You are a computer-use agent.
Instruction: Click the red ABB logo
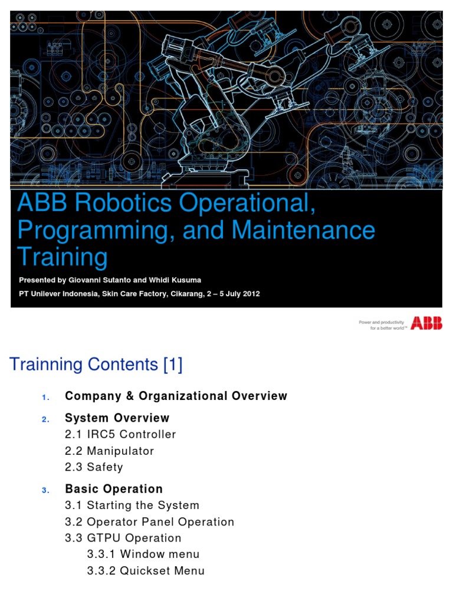click(x=426, y=323)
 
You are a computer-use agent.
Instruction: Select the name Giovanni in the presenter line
click(x=87, y=280)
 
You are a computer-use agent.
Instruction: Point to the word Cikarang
click(x=185, y=293)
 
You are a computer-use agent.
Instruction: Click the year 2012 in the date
click(x=250, y=293)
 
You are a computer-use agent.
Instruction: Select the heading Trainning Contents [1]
click(x=96, y=365)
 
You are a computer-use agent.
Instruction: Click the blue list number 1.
click(x=45, y=397)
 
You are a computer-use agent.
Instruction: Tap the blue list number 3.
click(x=45, y=490)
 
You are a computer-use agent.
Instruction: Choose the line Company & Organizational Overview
click(x=176, y=396)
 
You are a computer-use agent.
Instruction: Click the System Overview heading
click(x=117, y=418)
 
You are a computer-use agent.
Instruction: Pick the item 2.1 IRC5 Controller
click(x=120, y=435)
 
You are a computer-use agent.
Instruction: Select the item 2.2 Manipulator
click(x=109, y=451)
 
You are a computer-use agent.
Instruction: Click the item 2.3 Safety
click(x=94, y=467)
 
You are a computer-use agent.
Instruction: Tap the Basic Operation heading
click(x=113, y=489)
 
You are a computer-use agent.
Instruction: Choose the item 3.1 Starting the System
click(x=132, y=505)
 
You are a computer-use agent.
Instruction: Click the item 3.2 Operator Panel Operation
click(x=149, y=522)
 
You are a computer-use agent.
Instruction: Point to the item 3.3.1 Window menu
click(x=143, y=554)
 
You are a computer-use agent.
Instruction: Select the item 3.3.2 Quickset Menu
click(x=146, y=571)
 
